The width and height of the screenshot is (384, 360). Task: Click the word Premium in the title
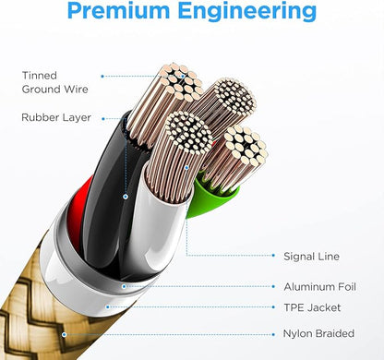pyautogui.click(x=118, y=11)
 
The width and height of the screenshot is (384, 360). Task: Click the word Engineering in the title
pyautogui.click(x=247, y=12)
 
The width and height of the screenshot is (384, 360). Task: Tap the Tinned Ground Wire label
pyautogui.click(x=54, y=82)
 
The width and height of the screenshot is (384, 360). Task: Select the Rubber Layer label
pyautogui.click(x=56, y=117)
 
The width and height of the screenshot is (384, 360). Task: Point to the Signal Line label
pyautogui.click(x=311, y=257)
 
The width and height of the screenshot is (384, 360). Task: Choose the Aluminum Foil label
pyautogui.click(x=319, y=287)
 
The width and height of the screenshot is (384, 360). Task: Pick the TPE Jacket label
pyautogui.click(x=312, y=307)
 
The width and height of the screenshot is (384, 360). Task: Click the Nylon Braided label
pyautogui.click(x=318, y=333)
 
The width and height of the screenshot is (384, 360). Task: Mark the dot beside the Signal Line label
pyautogui.click(x=273, y=256)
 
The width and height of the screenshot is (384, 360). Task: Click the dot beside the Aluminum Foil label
pyautogui.click(x=273, y=286)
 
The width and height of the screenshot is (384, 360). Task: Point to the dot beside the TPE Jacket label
pyautogui.click(x=273, y=307)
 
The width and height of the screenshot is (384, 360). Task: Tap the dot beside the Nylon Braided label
pyautogui.click(x=273, y=334)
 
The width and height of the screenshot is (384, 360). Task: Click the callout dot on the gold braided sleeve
pyautogui.click(x=64, y=334)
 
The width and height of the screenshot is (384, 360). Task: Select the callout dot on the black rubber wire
pyautogui.click(x=126, y=197)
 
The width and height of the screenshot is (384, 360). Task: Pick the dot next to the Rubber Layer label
pyautogui.click(x=103, y=119)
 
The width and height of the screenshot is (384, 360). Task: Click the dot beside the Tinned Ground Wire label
pyautogui.click(x=102, y=77)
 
